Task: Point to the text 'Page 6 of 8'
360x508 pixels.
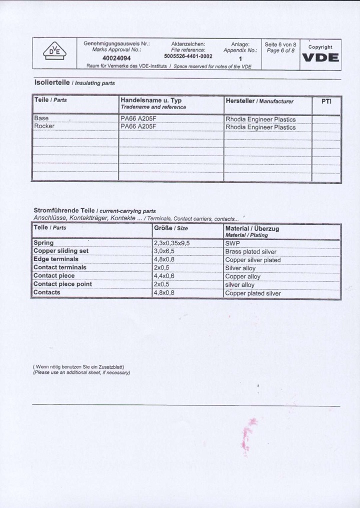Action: coord(280,51)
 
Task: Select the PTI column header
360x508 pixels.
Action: coord(326,101)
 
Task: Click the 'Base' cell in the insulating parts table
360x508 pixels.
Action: coord(40,118)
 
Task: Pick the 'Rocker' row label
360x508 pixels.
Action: coord(44,126)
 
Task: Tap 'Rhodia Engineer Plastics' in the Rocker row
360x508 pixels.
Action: coord(260,127)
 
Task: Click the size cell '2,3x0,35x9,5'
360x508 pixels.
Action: coord(171,243)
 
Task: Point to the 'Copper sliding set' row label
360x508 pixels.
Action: coord(61,251)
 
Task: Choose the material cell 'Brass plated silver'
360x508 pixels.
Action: coord(251,252)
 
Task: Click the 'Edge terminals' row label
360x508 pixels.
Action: coord(56,259)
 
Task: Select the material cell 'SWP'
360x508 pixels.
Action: coord(233,244)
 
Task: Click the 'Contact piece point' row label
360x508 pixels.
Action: coord(62,284)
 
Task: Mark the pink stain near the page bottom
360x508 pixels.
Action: coord(245,434)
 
